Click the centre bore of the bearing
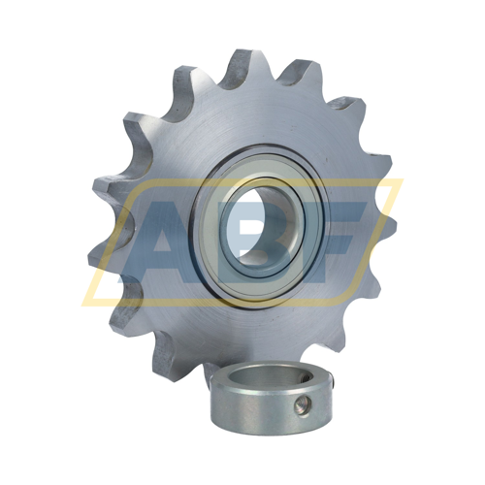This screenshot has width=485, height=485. [263, 226]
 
